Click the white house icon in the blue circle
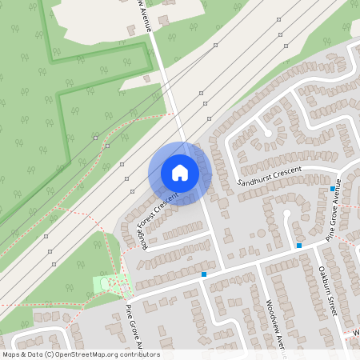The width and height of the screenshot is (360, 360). tap(180, 173)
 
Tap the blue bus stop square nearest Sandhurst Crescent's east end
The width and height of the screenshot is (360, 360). tap(333, 188)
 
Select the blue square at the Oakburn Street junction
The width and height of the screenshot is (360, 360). tap(299, 245)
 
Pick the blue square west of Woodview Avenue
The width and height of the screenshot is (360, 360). tap(204, 274)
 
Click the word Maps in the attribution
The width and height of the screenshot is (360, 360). tap(12, 354)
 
